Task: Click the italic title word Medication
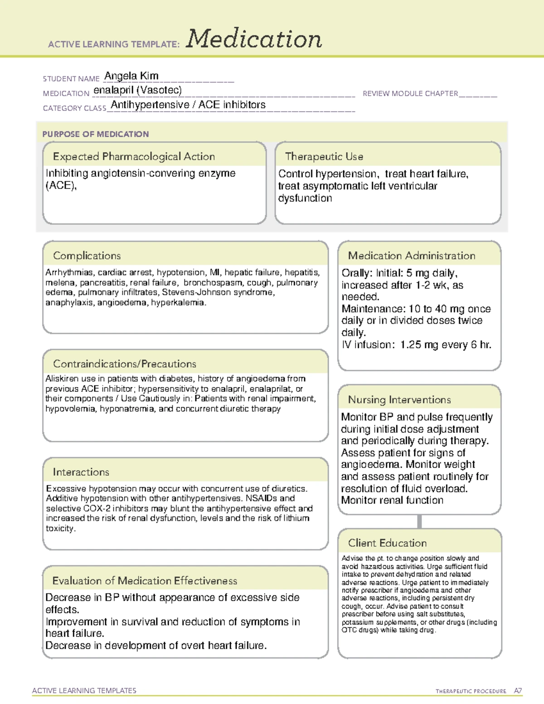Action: pos(254,39)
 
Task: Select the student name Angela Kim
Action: pos(131,76)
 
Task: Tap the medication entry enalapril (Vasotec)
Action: pos(137,90)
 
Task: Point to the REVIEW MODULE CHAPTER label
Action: pos(410,93)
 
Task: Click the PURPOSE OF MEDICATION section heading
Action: pos(96,134)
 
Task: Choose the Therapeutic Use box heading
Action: pos(324,156)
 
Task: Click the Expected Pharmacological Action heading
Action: pos(134,156)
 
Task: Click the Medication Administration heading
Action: pos(412,256)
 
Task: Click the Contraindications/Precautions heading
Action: pos(125,364)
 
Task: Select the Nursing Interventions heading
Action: pos(399,399)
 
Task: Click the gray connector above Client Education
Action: pos(420,521)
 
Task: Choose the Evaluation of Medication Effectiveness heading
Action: pos(145,581)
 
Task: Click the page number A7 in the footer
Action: pos(518,691)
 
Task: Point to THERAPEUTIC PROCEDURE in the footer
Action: pos(471,691)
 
